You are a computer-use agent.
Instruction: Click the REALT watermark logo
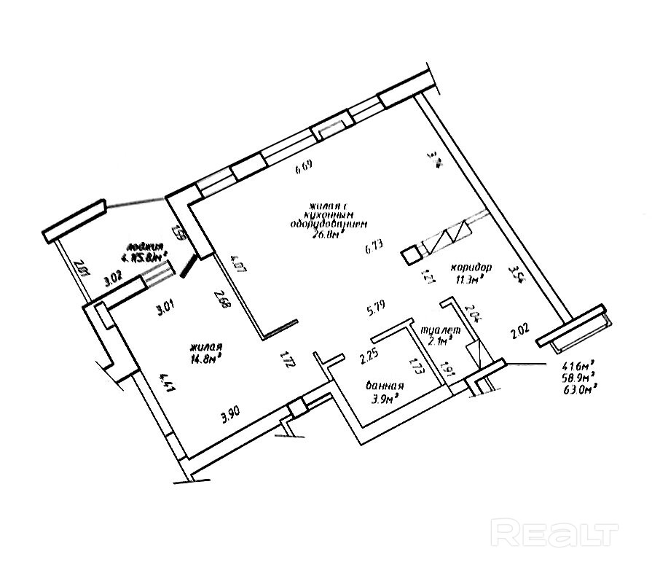555,534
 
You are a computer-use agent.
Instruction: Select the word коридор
471,267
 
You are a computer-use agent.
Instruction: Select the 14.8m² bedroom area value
206,357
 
